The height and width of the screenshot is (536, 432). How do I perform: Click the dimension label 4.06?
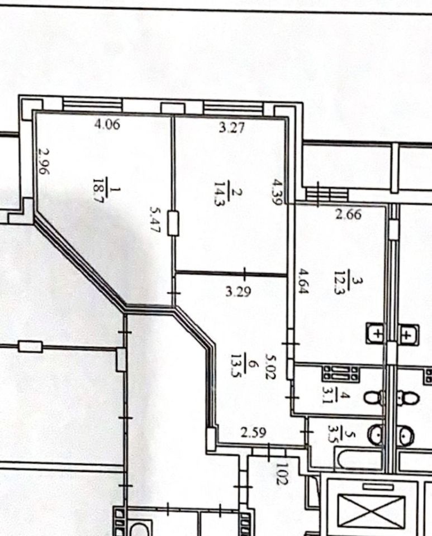[x=107, y=125]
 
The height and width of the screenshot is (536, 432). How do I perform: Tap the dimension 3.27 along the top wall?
[x=231, y=127]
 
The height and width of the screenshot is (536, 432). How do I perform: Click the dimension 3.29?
[x=239, y=291]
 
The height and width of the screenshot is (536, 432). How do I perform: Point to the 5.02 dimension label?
[x=272, y=367]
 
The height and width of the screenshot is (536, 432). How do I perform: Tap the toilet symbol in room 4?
[x=374, y=397]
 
